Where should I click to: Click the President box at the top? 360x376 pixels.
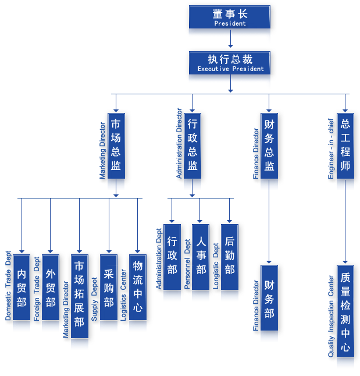point(230,17)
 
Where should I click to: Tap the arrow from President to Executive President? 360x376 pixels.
point(230,40)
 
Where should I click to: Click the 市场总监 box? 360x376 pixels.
point(116,146)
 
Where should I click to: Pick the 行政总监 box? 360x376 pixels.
point(193,146)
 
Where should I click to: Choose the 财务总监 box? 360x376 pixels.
point(269,146)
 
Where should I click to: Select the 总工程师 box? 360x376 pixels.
point(345,146)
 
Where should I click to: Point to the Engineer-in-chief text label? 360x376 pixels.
point(331,149)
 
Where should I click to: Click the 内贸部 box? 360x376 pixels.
point(22,288)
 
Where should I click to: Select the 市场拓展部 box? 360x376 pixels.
point(80,296)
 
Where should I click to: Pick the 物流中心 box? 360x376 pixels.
point(138,288)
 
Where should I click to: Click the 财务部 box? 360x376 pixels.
point(269,298)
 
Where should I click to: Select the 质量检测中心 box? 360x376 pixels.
point(345,311)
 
